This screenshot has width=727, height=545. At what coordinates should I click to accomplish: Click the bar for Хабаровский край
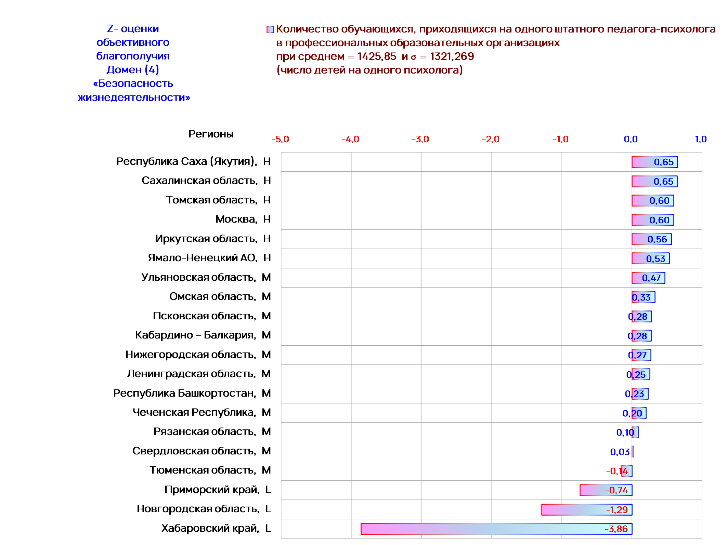coord(496,529)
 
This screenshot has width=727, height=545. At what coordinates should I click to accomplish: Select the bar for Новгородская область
coord(587,509)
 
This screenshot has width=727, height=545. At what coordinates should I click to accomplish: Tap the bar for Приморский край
coord(606,490)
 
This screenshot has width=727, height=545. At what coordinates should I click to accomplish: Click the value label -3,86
coord(616,529)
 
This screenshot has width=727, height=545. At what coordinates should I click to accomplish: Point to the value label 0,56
coord(657,239)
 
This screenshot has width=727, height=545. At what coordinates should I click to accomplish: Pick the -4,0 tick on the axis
coord(350,139)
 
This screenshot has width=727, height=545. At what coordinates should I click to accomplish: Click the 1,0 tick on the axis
coord(701,139)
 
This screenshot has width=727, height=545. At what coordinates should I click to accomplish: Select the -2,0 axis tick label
coord(491,139)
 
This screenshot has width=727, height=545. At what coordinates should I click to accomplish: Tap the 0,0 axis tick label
coord(631,139)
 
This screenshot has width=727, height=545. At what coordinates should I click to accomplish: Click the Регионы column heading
coord(211,134)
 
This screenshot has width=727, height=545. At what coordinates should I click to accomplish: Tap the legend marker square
coord(270,30)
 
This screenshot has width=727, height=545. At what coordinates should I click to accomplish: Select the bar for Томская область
coord(653,201)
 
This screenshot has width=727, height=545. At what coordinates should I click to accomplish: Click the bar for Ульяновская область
coord(648,278)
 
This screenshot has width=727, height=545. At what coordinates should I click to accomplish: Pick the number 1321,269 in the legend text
coord(452,56)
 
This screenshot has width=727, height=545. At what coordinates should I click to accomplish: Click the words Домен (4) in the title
coord(133,70)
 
